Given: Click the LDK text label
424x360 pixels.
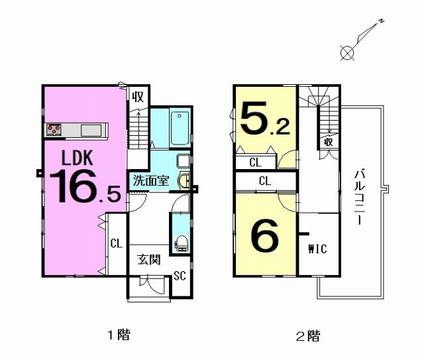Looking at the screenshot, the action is coord(78,158).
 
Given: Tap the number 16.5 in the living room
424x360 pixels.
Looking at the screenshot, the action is coord(85,186).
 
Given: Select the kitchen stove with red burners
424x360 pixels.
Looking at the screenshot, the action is coord(54,130).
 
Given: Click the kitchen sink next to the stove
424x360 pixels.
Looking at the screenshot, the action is coord(91,130).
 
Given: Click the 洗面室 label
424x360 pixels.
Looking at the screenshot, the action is coord(151,180).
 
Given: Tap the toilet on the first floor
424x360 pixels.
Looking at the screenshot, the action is coord(181,243).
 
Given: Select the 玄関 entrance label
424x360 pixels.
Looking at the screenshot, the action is coord(149,260).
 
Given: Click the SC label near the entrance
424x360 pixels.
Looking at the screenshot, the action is coord(180,276).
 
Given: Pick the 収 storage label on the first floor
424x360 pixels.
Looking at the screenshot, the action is coord(138,97).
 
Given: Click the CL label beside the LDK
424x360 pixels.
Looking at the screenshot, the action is coord(117,243).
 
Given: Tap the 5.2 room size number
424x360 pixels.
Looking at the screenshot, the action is coord(265,118).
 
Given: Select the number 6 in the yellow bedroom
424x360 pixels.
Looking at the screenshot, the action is coord(264,235).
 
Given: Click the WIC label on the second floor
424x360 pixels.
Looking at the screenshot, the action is coord(318,249).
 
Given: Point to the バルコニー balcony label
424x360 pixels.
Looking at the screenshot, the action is coord(360,197).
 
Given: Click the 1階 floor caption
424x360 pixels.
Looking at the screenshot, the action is coord(119,335).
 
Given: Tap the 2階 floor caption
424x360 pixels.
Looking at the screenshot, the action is coord(308,336).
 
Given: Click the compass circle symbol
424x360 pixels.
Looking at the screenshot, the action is coord(347,52).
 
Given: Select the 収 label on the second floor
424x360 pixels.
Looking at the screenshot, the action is coord(329,142).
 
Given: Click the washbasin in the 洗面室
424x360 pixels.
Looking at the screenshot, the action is coord(184,180).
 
